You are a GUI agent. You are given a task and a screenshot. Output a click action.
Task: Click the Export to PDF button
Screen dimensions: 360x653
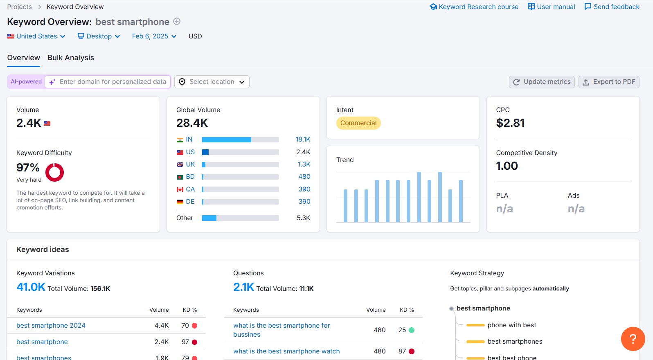(609, 82)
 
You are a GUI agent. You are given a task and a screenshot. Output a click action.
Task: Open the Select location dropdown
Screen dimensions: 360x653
(212, 82)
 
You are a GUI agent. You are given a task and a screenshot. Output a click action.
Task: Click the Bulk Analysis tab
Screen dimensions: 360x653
(71, 58)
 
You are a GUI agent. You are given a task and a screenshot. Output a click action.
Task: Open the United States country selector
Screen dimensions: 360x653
(36, 36)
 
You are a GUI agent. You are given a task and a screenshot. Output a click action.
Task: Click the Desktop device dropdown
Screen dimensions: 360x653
(99, 36)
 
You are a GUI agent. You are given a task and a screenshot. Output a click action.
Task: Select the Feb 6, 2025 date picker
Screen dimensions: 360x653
(154, 36)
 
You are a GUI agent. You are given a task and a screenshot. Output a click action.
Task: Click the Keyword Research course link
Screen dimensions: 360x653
(474, 7)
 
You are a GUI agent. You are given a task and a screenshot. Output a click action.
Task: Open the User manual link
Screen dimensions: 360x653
(551, 7)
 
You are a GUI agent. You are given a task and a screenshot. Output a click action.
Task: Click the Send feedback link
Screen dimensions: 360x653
(612, 7)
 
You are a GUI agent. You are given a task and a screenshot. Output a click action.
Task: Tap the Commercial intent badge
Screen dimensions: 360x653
(358, 123)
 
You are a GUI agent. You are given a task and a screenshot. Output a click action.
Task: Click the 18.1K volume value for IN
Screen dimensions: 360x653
(303, 139)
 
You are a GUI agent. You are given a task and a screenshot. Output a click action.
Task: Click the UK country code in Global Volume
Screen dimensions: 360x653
(190, 164)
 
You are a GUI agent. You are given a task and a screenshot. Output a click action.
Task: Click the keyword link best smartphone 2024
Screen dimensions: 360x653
(51, 326)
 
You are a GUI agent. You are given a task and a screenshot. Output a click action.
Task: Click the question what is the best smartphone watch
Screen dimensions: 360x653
(286, 351)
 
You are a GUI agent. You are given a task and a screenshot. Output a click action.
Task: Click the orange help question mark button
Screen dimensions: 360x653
(633, 339)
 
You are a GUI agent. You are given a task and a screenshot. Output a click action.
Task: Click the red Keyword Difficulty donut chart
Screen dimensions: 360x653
(54, 172)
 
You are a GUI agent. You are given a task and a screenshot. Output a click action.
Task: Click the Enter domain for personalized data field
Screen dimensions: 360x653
(113, 82)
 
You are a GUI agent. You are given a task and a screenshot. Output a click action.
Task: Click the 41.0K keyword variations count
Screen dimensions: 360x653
(31, 287)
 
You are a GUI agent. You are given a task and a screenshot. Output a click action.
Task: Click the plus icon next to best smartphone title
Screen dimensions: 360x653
(177, 22)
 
